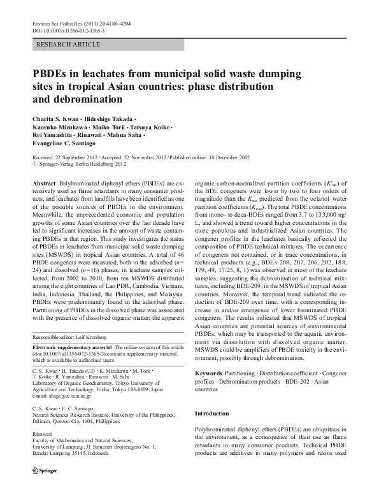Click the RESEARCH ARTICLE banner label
click(69, 44)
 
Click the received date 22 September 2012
click(81, 157)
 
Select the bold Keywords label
click(208, 371)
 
